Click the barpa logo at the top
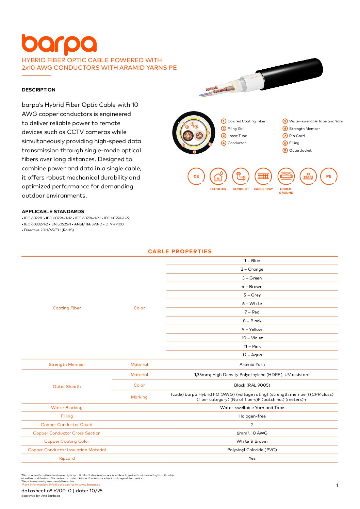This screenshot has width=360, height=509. (59, 44)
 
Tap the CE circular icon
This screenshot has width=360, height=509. (196, 176)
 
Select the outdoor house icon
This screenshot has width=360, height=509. (218, 176)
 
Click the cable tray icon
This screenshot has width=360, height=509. (263, 176)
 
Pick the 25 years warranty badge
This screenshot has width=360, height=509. (308, 176)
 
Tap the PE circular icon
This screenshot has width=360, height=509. (329, 176)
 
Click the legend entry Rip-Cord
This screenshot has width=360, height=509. (297, 136)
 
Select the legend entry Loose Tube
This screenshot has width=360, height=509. (237, 136)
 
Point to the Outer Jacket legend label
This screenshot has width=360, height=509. (300, 150)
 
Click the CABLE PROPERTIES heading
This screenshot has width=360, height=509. (180, 251)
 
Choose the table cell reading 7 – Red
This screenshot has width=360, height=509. (252, 312)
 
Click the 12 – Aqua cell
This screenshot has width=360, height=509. (252, 355)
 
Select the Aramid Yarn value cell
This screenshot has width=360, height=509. (252, 364)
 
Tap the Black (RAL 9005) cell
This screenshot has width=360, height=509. (252, 385)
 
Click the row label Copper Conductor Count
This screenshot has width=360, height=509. (67, 425)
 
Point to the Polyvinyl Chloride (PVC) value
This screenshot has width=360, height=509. (252, 450)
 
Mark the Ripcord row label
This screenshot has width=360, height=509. (67, 458)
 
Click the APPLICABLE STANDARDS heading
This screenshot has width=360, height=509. (53, 211)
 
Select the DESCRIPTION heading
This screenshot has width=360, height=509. (38, 90)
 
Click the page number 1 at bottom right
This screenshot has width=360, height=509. (337, 485)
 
